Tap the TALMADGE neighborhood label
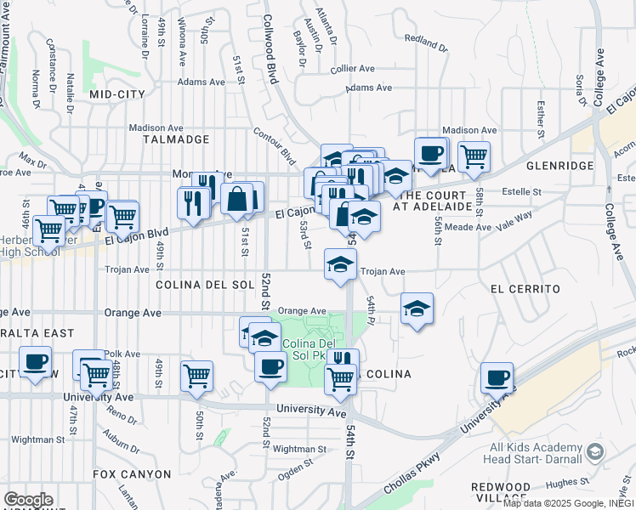pos(176,139)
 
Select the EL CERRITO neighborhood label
pos(525,289)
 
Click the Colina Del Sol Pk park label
pos(310,348)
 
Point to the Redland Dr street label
pos(426,39)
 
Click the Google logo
pos(28,500)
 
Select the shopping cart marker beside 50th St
pos(197,374)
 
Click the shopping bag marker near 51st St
pos(237,197)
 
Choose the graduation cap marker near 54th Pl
pos(417,308)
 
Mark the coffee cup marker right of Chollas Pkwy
pos(497,377)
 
